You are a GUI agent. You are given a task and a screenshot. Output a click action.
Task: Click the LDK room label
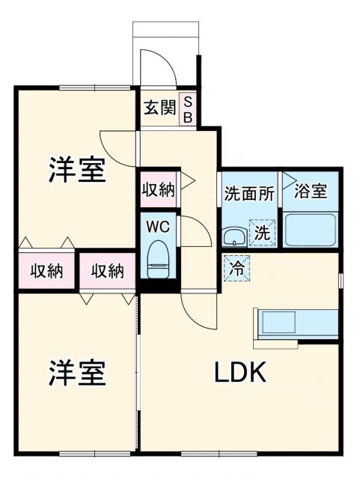click(x=241, y=372)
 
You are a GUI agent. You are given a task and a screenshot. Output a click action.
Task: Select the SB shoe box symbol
click(x=188, y=109)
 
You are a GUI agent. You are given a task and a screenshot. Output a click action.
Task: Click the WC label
click(x=158, y=225)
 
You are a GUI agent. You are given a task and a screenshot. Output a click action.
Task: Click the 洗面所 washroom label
click(x=249, y=192)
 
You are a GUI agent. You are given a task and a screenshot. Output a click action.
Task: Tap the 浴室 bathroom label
click(x=310, y=191)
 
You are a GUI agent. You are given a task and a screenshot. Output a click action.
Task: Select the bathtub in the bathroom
click(x=310, y=228)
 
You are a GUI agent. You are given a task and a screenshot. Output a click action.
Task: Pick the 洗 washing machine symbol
click(x=263, y=232)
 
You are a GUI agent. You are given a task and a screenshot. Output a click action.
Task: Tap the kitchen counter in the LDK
click(x=296, y=324)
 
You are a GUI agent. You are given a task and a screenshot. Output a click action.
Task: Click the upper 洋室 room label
click(x=77, y=170)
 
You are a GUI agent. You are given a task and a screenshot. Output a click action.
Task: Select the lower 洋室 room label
click(x=77, y=372)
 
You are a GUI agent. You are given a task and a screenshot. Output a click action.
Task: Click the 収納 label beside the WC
click(x=158, y=189)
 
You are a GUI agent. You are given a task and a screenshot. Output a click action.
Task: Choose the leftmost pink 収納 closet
click(x=46, y=270)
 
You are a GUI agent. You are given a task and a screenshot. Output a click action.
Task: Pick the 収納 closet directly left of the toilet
click(x=108, y=270)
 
